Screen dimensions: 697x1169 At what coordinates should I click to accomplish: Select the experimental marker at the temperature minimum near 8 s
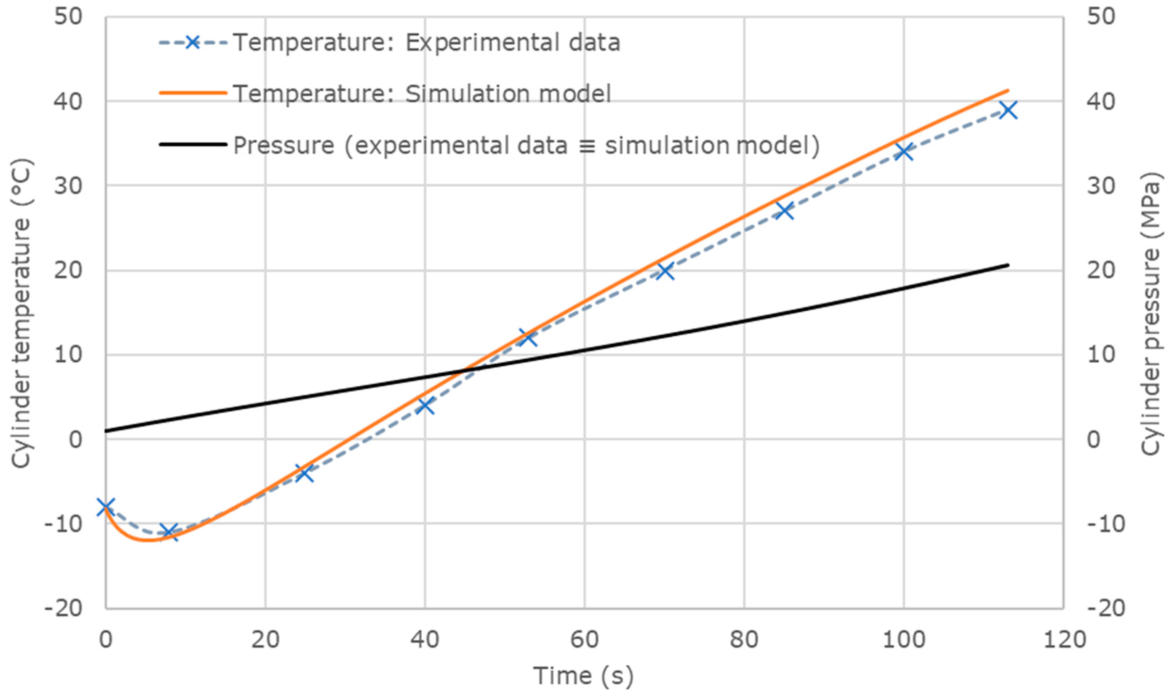pos(170,532)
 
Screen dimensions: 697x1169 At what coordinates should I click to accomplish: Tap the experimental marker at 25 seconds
pos(305,473)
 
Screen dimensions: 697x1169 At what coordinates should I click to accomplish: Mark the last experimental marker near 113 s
pos(1008,111)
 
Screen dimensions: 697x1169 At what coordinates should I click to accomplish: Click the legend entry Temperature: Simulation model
pos(422,94)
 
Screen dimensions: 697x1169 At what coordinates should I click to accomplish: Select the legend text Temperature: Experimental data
pos(427,43)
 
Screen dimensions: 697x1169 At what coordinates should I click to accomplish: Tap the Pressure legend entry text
pos(526,145)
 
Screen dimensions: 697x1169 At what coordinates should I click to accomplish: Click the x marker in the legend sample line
pos(192,43)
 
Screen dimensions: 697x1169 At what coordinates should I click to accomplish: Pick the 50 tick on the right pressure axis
pos(1100,17)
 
